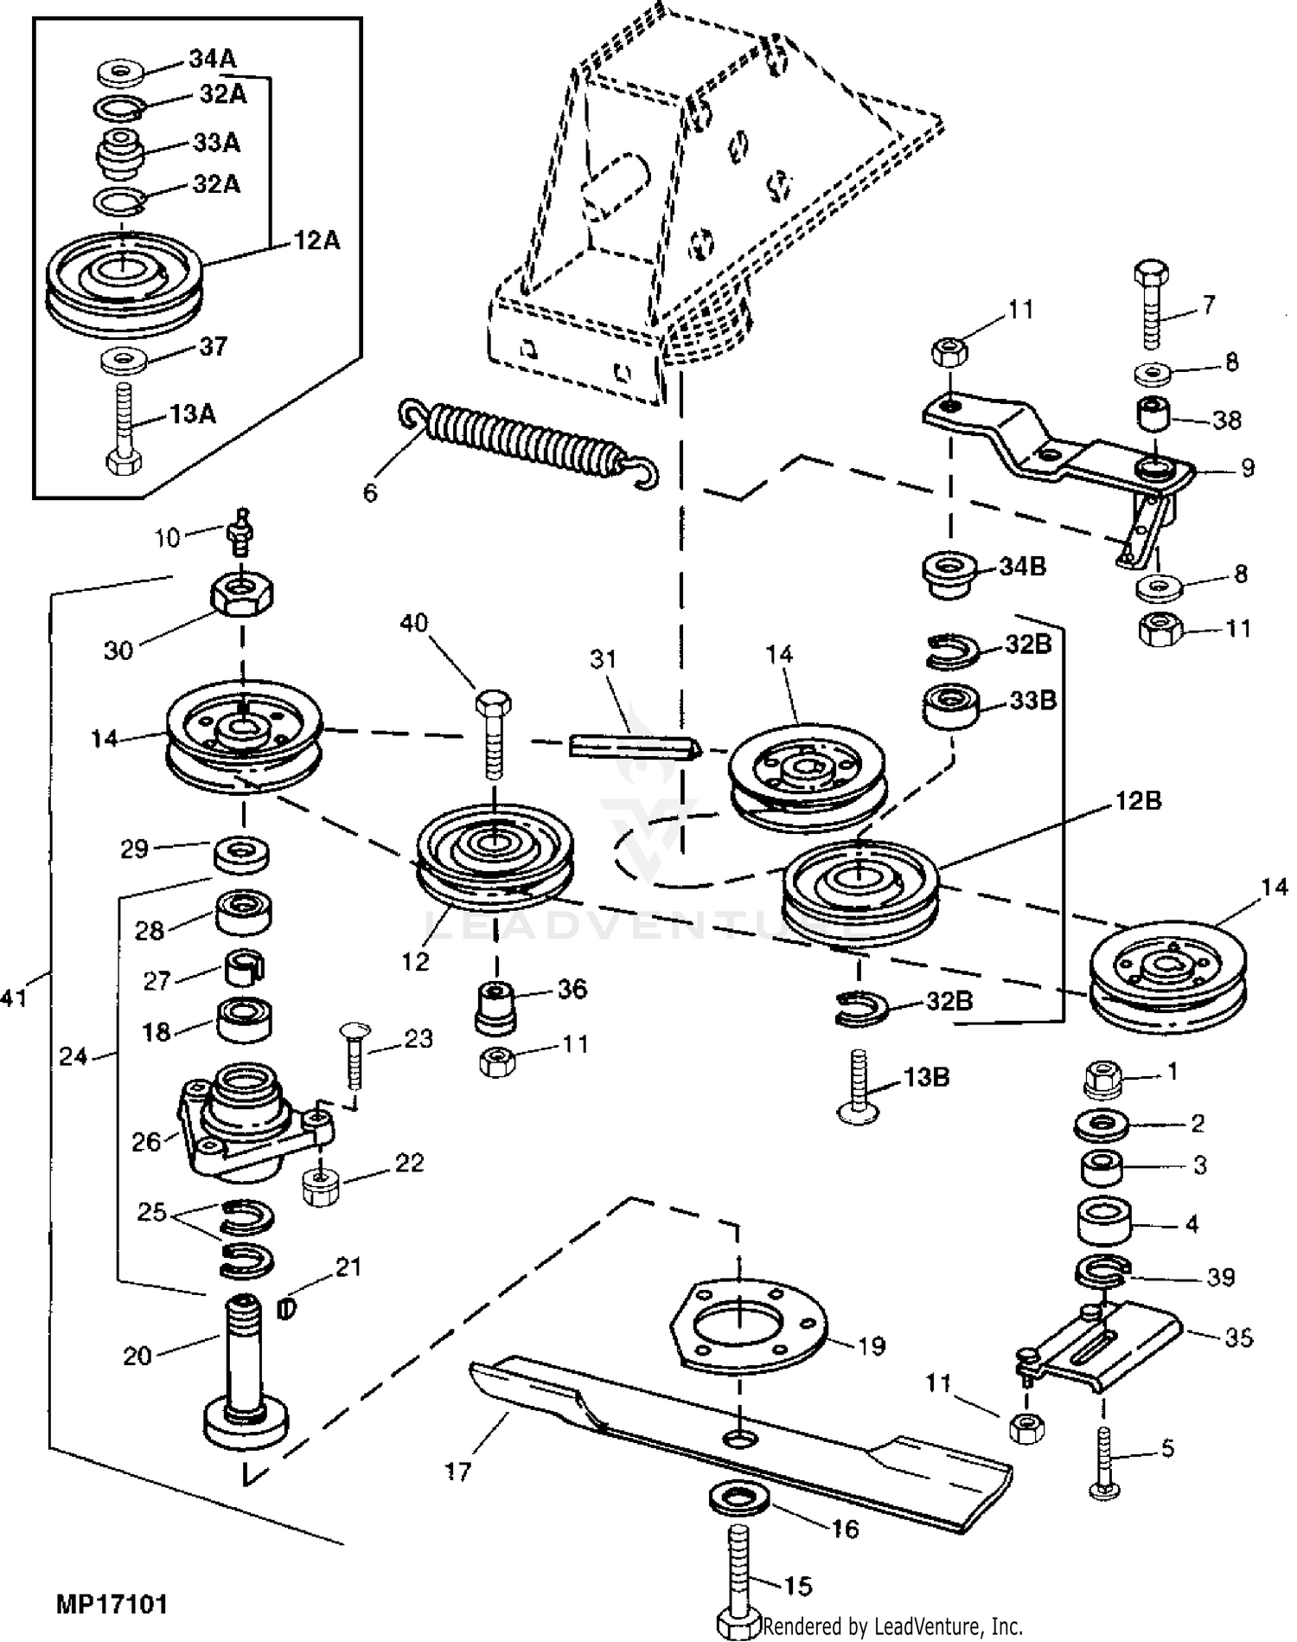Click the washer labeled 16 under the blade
tap(740, 1498)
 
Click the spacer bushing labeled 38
tap(1153, 413)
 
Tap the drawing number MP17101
tap(112, 1606)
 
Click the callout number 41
tap(15, 998)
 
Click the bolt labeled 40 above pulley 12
tap(494, 734)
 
